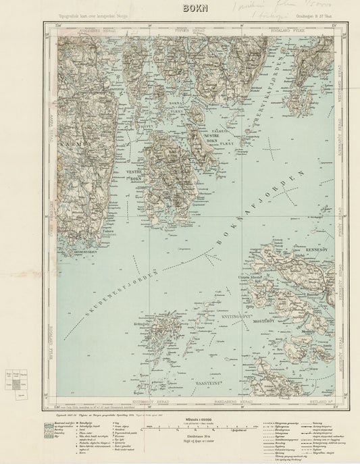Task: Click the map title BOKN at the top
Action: click(180, 9)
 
